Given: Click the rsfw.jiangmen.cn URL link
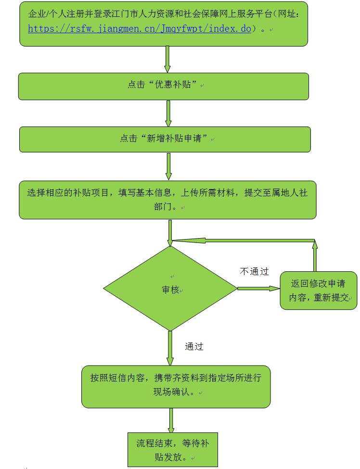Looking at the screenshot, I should (140, 28).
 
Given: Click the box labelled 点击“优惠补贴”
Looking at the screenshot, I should (163, 86).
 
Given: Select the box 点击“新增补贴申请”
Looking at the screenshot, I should (165, 139).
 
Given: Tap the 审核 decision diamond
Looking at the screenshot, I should (170, 289).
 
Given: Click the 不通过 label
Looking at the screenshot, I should (254, 271).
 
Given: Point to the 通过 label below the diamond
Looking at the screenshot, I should (194, 346).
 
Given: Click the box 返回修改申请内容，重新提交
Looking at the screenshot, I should (318, 291).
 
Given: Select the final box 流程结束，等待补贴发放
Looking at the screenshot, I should (172, 450).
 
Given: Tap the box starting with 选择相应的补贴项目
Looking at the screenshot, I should (167, 199).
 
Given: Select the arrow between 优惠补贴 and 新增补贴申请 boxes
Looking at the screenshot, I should (168, 113).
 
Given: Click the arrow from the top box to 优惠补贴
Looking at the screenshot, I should (167, 59).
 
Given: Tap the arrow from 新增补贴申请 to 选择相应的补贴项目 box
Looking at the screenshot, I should (168, 166).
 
